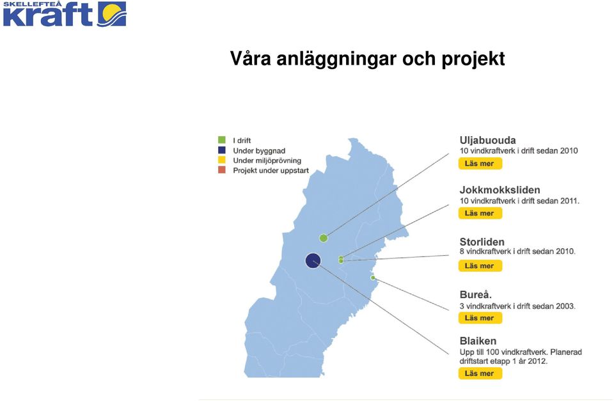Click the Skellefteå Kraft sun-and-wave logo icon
pyautogui.click(x=112, y=14)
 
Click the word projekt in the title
pyautogui.click(x=473, y=59)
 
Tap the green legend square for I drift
pyautogui.click(x=222, y=140)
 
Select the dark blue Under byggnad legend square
pyautogui.click(x=222, y=150)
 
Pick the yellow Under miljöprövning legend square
pyautogui.click(x=222, y=160)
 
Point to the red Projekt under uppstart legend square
pyautogui.click(x=222, y=170)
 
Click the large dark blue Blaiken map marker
pyautogui.click(x=313, y=260)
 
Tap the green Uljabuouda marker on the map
pyautogui.click(x=324, y=238)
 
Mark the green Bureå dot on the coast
pyautogui.click(x=373, y=278)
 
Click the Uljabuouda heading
pyautogui.click(x=487, y=140)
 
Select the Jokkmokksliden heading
pyautogui.click(x=500, y=190)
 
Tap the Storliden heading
pyautogui.click(x=482, y=242)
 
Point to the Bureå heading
pyautogui.click(x=475, y=294)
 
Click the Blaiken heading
pyautogui.click(x=478, y=341)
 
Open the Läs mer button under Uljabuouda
pyautogui.click(x=480, y=163)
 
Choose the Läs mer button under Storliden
pyautogui.click(x=480, y=266)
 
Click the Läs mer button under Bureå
pyautogui.click(x=480, y=318)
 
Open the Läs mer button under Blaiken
pyautogui.click(x=480, y=373)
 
